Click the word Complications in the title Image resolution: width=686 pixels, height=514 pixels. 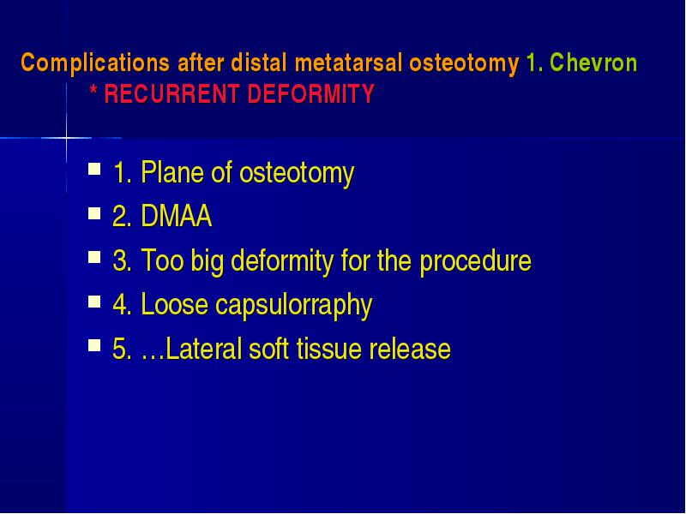95,63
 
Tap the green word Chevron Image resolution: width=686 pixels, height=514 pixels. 593,62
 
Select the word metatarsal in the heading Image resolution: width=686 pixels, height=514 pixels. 348,63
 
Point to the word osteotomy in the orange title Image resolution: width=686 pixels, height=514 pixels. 464,63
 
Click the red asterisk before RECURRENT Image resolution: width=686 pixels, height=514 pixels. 93,91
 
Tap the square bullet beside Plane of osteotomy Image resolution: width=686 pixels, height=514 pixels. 94,169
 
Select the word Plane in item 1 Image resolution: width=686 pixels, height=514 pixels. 172,172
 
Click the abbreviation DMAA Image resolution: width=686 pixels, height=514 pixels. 177,216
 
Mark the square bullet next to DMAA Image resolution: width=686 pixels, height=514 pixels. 94,213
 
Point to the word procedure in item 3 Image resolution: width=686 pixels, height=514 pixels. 476,261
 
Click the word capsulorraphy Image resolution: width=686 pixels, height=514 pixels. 293,305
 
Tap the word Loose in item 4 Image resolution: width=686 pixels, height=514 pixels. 175,304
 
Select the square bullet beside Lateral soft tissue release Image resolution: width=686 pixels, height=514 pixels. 94,345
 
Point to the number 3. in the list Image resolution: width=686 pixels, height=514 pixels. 122,260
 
